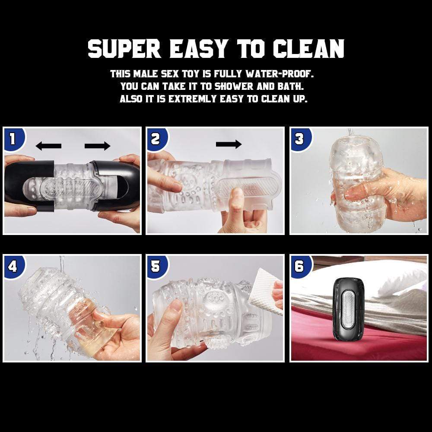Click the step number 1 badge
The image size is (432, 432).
[x=13, y=139]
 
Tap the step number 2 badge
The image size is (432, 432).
[x=156, y=139]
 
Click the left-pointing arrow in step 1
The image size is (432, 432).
[x=48, y=146]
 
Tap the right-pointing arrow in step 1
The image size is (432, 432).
[x=98, y=146]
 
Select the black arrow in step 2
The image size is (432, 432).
[x=229, y=144]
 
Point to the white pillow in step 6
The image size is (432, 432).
[x=389, y=276]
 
